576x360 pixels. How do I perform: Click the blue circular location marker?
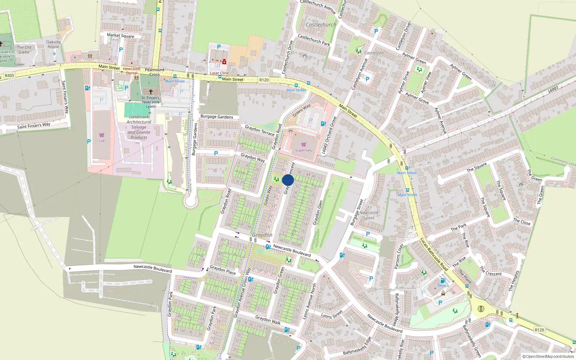coord(288,180)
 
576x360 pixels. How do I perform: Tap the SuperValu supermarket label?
coord(303,150)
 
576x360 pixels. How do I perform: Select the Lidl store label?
coord(102,141)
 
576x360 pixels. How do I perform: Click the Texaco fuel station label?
coord(443,285)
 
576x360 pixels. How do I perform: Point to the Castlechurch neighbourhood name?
coord(321,25)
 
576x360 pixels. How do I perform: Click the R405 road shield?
coord(9,76)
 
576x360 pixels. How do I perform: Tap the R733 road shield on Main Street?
coord(264,80)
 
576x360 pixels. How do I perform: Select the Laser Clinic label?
coord(219,73)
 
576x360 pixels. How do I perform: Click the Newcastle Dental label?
coord(132,71)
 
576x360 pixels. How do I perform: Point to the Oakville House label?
coord(53,44)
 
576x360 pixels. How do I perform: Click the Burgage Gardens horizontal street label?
coord(217,117)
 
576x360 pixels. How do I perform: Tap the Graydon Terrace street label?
coord(259,130)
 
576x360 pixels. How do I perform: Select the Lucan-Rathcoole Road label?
coord(434,254)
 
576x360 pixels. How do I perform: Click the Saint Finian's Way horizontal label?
coord(34,126)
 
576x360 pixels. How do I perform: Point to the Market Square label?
coord(120,35)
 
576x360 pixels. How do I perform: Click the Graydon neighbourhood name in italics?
coord(262,235)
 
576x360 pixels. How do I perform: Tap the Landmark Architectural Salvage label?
coord(139,127)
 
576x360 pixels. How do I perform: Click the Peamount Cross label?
coord(154,72)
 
